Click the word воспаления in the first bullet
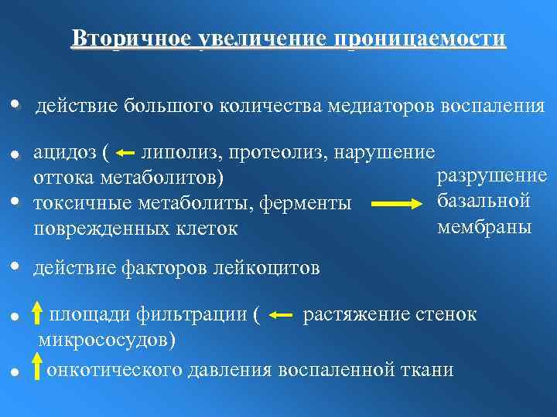tap(492, 105)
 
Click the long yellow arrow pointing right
tap(400, 205)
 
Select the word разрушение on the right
tap(492, 176)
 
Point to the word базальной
tap(484, 202)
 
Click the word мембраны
tap(484, 227)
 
